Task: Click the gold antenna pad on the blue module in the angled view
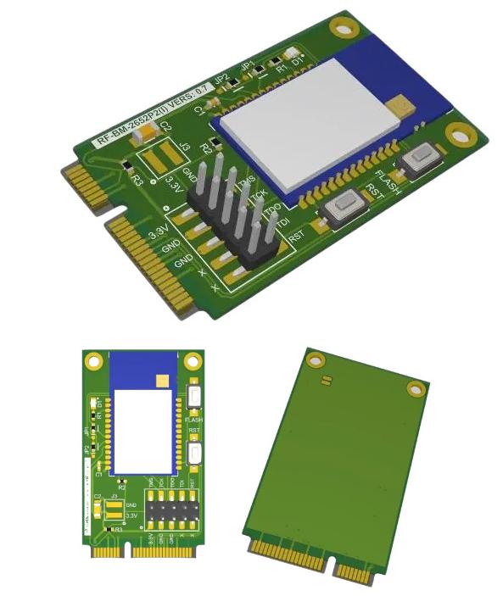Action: click(x=402, y=104)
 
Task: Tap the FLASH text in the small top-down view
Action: click(x=193, y=418)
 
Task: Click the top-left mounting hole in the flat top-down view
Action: click(x=92, y=359)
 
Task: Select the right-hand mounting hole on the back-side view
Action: click(x=414, y=389)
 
